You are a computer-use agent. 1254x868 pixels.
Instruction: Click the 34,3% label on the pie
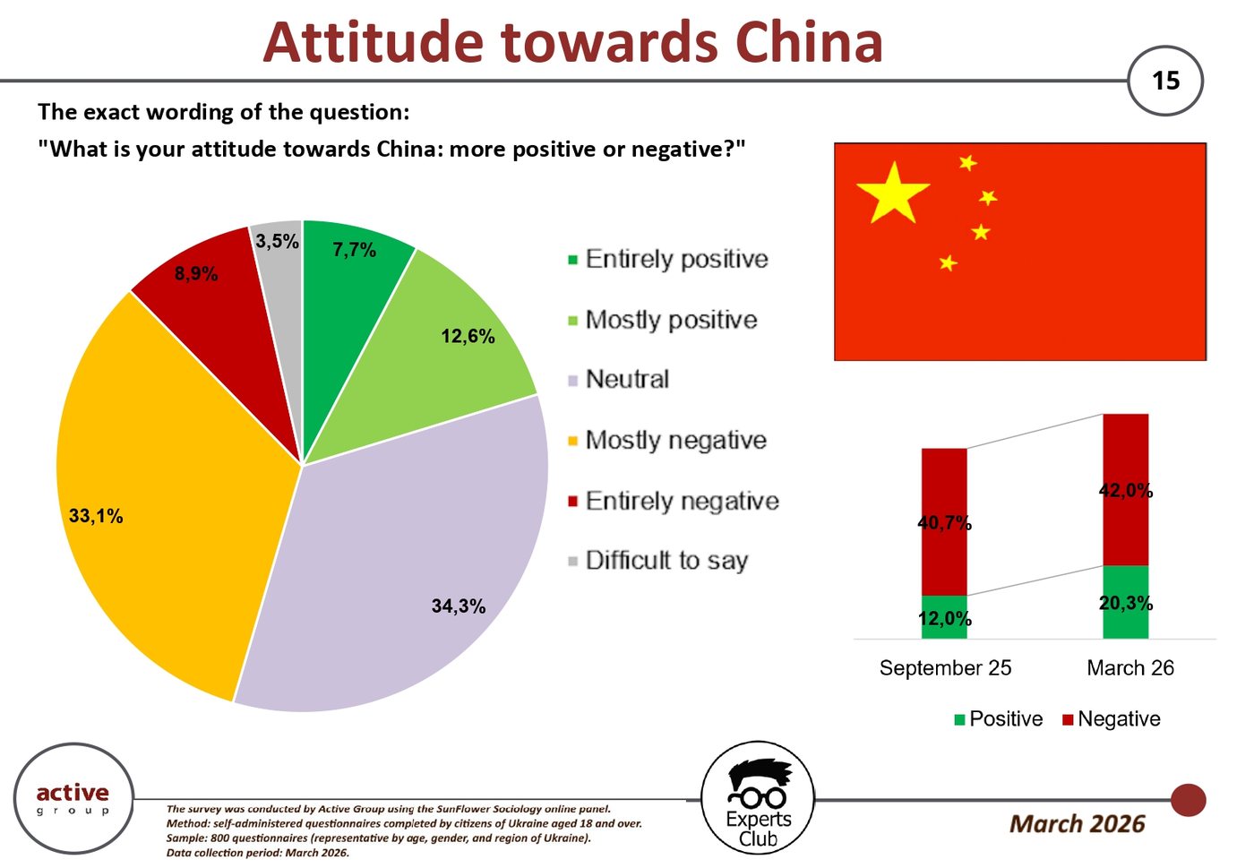click(459, 606)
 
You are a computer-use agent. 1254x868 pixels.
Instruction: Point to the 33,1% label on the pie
click(96, 516)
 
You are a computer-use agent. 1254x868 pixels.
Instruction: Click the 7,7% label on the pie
click(355, 250)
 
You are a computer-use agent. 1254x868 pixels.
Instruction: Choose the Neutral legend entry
click(619, 380)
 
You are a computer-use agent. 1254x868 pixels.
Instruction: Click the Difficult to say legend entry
click(658, 561)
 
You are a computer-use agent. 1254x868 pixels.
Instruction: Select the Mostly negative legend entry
click(667, 440)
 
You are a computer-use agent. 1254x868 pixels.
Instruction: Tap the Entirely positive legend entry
click(668, 259)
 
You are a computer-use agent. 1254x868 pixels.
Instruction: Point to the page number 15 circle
click(1165, 81)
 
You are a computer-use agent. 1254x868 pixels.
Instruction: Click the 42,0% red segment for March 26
click(1125, 490)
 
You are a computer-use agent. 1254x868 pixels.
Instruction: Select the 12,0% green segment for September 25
click(944, 617)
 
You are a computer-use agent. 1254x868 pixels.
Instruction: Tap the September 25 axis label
click(945, 668)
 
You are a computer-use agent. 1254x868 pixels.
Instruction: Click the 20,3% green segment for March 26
click(1125, 603)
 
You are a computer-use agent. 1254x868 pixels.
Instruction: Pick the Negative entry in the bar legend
click(1112, 719)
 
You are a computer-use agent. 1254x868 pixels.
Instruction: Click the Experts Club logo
click(758, 799)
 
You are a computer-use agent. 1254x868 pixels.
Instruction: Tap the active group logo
click(73, 799)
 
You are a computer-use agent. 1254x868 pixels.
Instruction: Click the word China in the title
click(809, 42)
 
